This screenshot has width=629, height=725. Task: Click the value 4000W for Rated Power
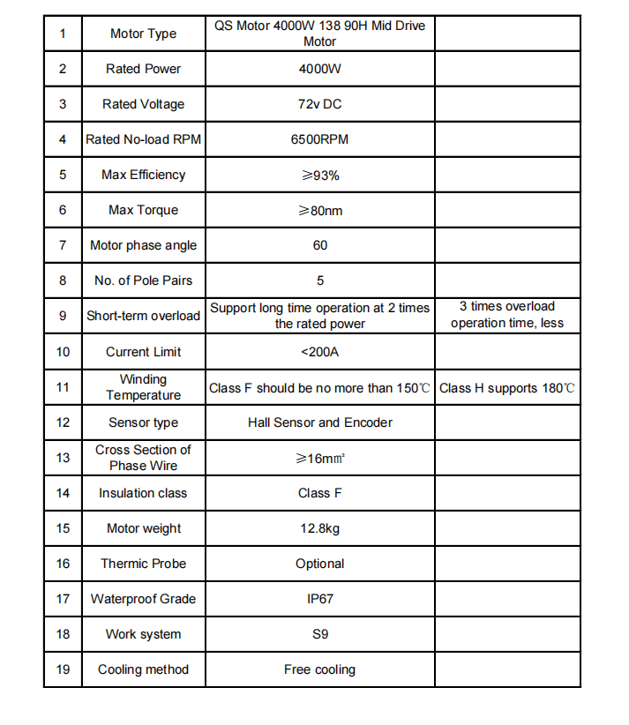coord(319,69)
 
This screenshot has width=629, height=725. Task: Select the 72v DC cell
coord(319,104)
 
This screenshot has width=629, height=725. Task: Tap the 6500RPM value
coord(319,139)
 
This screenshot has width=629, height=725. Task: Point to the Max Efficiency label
coord(143,175)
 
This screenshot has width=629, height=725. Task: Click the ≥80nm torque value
coord(319,210)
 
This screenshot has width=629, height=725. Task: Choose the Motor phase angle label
coord(143,245)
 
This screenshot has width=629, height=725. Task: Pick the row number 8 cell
coord(63,280)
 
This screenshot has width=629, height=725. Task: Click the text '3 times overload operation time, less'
coord(507,315)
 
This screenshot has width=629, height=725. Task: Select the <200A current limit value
coord(319,352)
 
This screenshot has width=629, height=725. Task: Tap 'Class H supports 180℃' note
coord(507,388)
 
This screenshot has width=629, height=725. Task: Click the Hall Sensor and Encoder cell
coord(319,422)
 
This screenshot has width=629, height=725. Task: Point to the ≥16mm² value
coord(319,458)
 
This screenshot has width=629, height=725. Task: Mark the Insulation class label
coord(143,493)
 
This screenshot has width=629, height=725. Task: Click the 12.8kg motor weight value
coord(319,528)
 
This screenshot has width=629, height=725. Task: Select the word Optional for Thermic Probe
coord(319,564)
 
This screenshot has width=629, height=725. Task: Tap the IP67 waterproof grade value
coord(319,599)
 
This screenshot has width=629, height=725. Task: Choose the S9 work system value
coord(319,634)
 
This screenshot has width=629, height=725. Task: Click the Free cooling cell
coord(319,669)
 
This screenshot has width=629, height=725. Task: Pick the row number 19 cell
coord(63,669)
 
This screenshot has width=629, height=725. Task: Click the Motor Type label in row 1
coord(143,34)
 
